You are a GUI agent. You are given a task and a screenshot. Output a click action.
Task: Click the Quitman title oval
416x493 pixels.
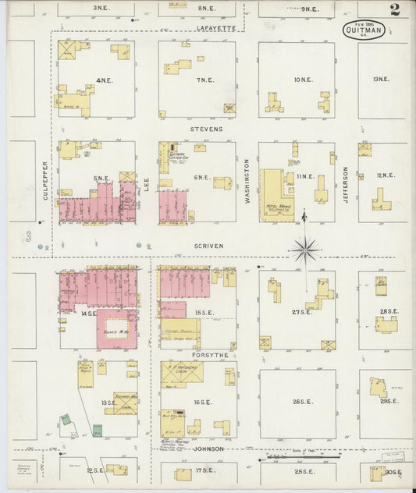pyautogui.click(x=363, y=31)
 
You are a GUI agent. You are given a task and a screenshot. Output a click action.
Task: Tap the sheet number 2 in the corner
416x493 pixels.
pyautogui.click(x=395, y=10)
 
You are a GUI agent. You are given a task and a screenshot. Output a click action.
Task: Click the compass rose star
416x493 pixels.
pyautogui.click(x=305, y=250)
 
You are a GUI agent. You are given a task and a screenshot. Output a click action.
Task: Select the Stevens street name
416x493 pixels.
pyautogui.click(x=206, y=129)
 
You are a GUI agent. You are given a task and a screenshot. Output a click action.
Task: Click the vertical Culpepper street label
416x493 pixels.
pyautogui.click(x=46, y=180)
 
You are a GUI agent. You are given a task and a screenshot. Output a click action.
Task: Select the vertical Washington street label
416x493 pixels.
pyautogui.click(x=247, y=182)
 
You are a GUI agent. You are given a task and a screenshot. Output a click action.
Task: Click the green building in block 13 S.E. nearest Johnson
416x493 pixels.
pyautogui.click(x=98, y=429)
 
